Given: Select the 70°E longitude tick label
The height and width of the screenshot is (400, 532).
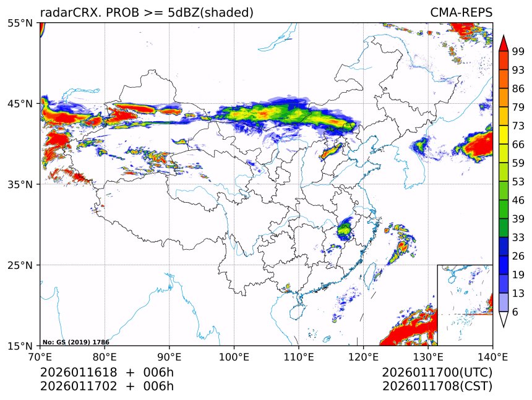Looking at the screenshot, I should click(x=40, y=356).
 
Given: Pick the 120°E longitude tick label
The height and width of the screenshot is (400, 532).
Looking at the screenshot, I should click(x=363, y=356).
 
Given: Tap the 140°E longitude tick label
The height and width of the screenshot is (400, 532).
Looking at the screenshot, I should click(x=492, y=356).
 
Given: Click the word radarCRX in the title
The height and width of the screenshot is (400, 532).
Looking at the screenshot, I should click(x=65, y=13).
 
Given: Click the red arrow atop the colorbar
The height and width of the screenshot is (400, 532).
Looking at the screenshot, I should click(x=504, y=44).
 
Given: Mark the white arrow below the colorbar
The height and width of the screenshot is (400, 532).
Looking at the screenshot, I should click(x=504, y=319).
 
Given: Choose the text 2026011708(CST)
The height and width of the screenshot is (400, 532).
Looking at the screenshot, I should click(x=437, y=386).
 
